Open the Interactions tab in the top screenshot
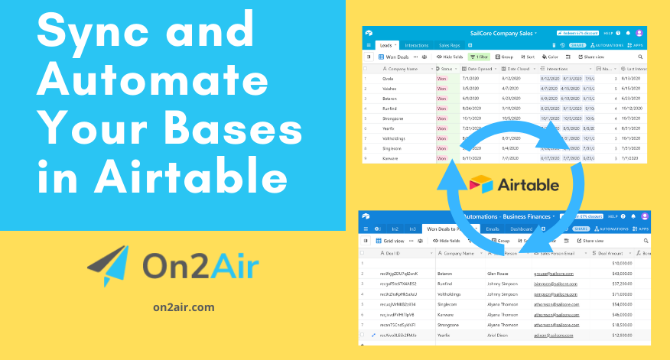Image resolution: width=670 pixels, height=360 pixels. pyautogui.click(x=417, y=46)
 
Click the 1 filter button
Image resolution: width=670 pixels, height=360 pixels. pyautogui.click(x=479, y=57)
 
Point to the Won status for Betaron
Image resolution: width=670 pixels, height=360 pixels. pyautogui.click(x=442, y=99)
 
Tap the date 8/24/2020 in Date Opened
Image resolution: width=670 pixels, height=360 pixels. pyautogui.click(x=471, y=109)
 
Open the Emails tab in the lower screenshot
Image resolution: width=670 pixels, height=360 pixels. pyautogui.click(x=493, y=229)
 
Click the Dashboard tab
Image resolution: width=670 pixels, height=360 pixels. pyautogui.click(x=522, y=229)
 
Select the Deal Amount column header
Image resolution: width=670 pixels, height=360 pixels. pyautogui.click(x=613, y=252)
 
